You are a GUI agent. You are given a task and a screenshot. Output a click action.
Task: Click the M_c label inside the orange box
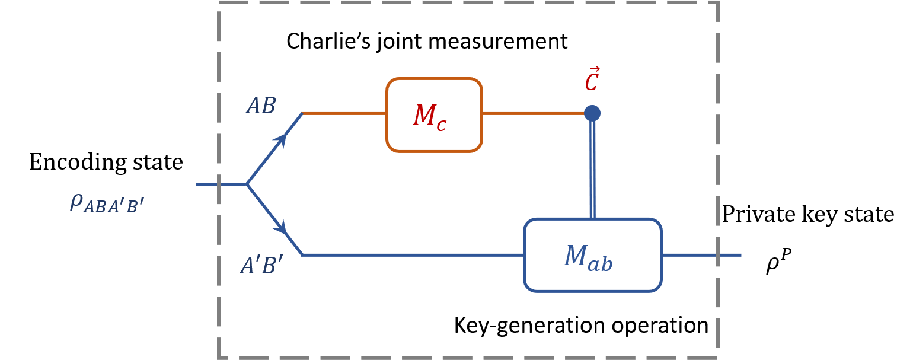430,117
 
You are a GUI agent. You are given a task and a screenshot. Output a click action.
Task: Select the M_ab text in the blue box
588,258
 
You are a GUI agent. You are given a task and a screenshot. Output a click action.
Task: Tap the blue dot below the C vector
592,113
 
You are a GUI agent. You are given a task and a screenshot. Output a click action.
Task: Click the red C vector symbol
592,81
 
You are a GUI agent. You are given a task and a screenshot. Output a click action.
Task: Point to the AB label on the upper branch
261,107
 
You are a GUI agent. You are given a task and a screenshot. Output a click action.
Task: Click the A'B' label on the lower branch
261,266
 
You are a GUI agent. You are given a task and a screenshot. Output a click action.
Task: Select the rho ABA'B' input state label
107,203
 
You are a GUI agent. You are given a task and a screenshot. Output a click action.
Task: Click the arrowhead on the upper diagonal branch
281,140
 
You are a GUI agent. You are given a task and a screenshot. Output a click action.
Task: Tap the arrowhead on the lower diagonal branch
281,228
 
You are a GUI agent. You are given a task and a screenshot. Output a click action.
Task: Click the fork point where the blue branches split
247,184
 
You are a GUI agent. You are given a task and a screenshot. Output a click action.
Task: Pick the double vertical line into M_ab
593,172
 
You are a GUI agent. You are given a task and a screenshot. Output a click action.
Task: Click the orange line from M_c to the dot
534,113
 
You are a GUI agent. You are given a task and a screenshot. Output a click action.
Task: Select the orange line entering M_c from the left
344,113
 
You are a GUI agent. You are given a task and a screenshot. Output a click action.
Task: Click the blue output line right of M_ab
700,255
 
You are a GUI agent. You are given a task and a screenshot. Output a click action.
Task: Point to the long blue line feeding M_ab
415,255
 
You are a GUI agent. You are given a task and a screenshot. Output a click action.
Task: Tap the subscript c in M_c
441,125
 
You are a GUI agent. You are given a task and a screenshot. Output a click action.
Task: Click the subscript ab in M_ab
600,265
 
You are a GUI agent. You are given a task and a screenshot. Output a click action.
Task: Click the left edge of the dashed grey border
219,178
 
